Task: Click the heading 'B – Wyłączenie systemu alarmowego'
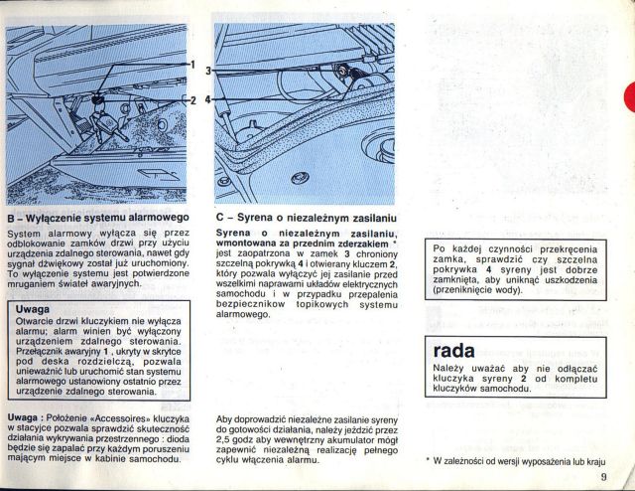tap(97, 216)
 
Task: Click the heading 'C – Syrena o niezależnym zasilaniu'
tap(306, 216)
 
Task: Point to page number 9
tap(603, 477)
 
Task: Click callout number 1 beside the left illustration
tap(193, 65)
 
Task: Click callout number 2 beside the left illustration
tap(193, 100)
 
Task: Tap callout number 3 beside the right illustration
tap(208, 72)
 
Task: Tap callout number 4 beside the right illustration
tap(208, 100)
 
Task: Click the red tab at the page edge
tap(629, 97)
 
